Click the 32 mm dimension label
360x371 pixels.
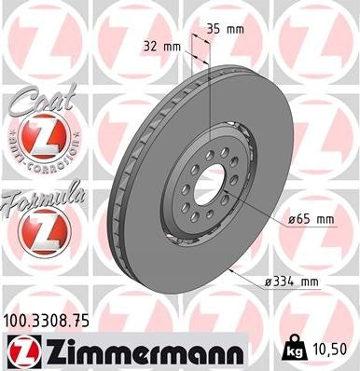tap(161, 44)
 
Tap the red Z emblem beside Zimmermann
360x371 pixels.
tap(22, 350)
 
